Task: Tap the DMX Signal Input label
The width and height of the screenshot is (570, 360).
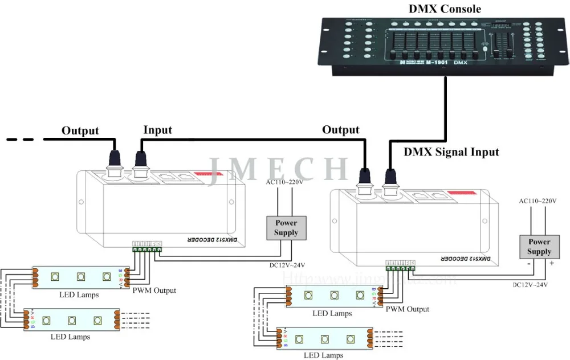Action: click(x=451, y=152)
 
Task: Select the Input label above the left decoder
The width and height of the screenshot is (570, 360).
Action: click(x=157, y=130)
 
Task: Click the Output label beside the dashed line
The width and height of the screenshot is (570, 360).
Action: click(x=80, y=131)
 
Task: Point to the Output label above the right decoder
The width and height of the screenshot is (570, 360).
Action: click(x=341, y=130)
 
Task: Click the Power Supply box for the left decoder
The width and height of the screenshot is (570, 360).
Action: click(x=286, y=228)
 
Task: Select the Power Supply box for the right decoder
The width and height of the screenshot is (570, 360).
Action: click(x=539, y=247)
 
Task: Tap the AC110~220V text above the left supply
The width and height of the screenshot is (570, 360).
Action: click(x=284, y=182)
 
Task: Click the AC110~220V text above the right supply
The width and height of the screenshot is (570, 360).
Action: click(x=537, y=201)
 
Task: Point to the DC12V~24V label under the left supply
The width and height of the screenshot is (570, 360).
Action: click(x=287, y=265)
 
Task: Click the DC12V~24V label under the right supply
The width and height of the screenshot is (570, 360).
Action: click(x=530, y=284)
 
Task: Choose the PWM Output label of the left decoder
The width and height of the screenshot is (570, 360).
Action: click(x=154, y=291)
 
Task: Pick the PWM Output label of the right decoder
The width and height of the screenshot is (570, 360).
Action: click(x=407, y=309)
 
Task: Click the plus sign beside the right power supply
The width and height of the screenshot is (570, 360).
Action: click(x=551, y=264)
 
